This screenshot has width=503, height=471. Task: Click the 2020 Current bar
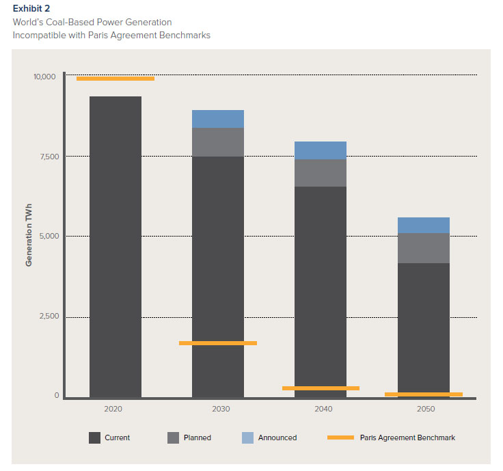tap(115, 246)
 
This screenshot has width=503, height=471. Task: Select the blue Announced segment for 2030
tap(218, 119)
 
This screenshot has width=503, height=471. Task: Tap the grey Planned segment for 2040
tap(321, 173)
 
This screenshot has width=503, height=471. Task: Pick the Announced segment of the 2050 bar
tap(424, 225)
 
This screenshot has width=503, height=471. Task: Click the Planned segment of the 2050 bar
tap(424, 248)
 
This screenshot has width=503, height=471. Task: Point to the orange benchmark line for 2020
tap(115, 79)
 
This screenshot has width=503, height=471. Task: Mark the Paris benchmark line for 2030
tap(218, 343)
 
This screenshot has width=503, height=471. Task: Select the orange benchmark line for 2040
tap(321, 388)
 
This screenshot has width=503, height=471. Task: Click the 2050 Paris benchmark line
tap(424, 394)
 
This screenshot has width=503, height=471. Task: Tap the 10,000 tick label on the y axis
tap(44, 77)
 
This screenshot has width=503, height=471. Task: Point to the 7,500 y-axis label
tap(47, 157)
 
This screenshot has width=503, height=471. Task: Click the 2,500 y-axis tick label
tap(47, 317)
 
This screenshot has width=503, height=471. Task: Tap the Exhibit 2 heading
tap(31, 8)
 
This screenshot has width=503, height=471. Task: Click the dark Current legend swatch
tap(95, 438)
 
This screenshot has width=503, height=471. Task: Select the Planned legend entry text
tap(198, 438)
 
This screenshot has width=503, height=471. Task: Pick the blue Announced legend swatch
tap(247, 438)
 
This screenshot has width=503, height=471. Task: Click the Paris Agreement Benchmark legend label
tap(407, 438)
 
